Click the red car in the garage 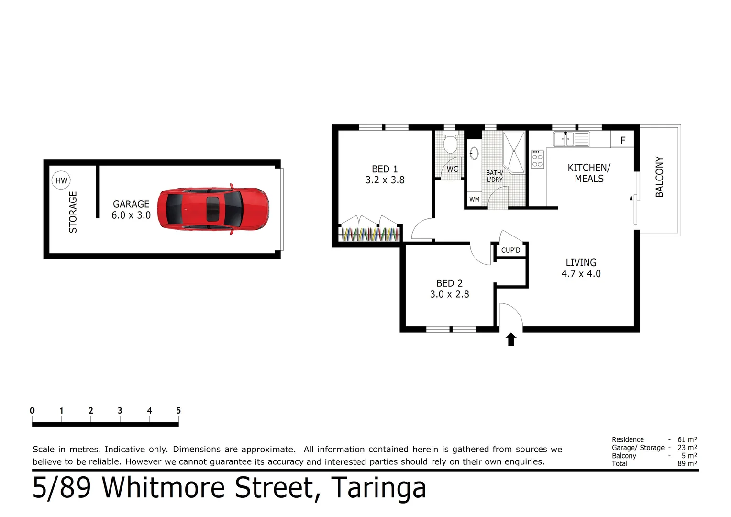point(213,209)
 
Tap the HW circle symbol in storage point(61,180)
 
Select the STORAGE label point(73,212)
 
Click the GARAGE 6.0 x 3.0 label point(131,210)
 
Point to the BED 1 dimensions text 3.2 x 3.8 point(385,180)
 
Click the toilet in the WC point(450,143)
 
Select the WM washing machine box point(474,199)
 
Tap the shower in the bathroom point(514,151)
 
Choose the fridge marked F point(622,140)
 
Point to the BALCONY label point(659,177)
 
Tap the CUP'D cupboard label point(510,250)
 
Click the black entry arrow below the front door point(511,339)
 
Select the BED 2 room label point(449,283)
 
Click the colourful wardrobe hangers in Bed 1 point(369,234)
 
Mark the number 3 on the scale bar point(120,411)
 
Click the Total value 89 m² point(687,463)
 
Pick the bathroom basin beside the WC point(474,154)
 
